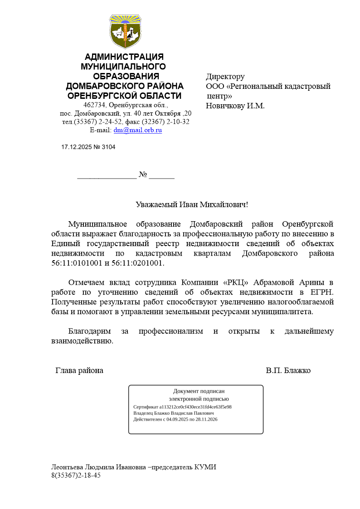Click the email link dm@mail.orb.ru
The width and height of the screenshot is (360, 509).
(x=137, y=130)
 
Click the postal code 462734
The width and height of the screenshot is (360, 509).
(x=100, y=105)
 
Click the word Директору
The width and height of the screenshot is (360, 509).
(x=225, y=77)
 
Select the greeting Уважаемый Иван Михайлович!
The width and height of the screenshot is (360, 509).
(x=192, y=204)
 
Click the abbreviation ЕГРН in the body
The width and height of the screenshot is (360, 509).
(x=322, y=292)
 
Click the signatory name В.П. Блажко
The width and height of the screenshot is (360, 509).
(x=288, y=370)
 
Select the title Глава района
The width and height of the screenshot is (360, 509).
(x=79, y=370)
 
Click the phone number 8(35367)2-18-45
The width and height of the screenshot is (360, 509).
(x=76, y=475)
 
